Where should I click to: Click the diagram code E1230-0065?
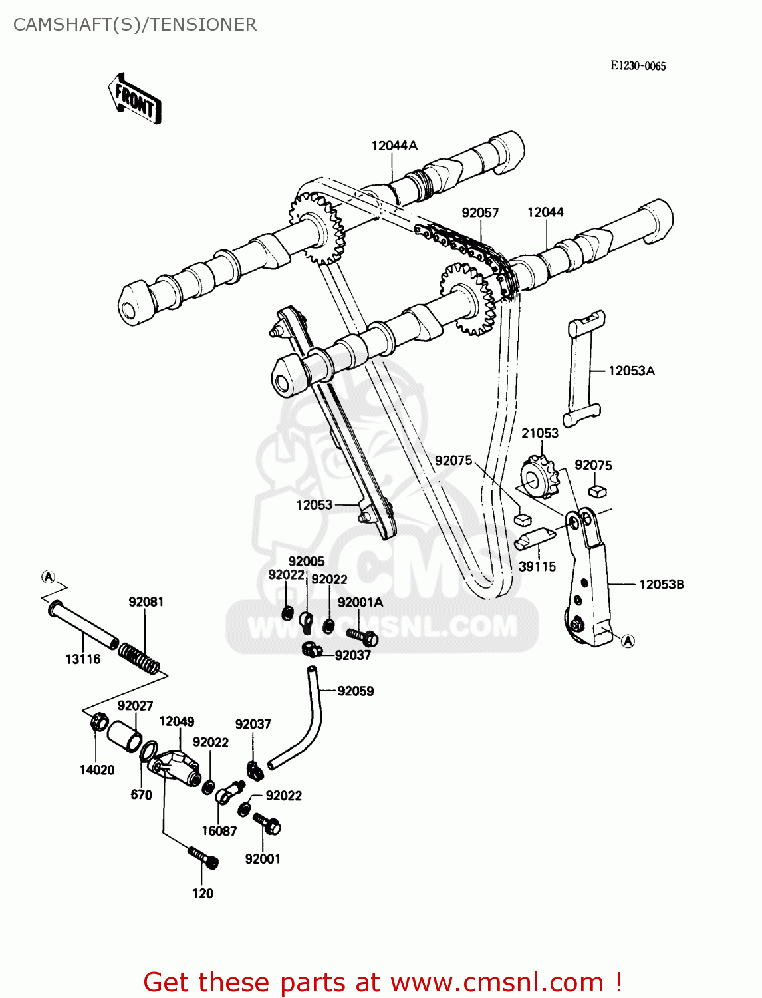638,65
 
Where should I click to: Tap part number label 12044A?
394,146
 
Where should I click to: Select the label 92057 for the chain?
480,212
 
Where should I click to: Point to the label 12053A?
631,371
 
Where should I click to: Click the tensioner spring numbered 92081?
140,655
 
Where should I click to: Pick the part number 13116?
83,659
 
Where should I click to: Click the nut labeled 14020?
98,721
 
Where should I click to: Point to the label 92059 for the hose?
356,691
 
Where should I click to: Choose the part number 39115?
537,566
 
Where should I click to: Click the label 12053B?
661,584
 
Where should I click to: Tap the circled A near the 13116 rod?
49,576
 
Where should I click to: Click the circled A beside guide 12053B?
628,641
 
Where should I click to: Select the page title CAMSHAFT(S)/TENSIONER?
135,25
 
